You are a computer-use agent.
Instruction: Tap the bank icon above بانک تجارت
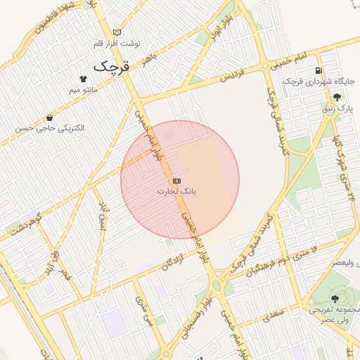(x=176, y=181)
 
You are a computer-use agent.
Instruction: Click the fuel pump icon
(x=319, y=71)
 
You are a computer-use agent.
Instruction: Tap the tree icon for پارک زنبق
(x=337, y=98)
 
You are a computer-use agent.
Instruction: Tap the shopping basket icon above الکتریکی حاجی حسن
(x=49, y=118)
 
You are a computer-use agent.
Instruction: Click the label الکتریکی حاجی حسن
(x=53, y=129)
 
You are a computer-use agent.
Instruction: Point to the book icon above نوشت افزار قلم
(x=117, y=32)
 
